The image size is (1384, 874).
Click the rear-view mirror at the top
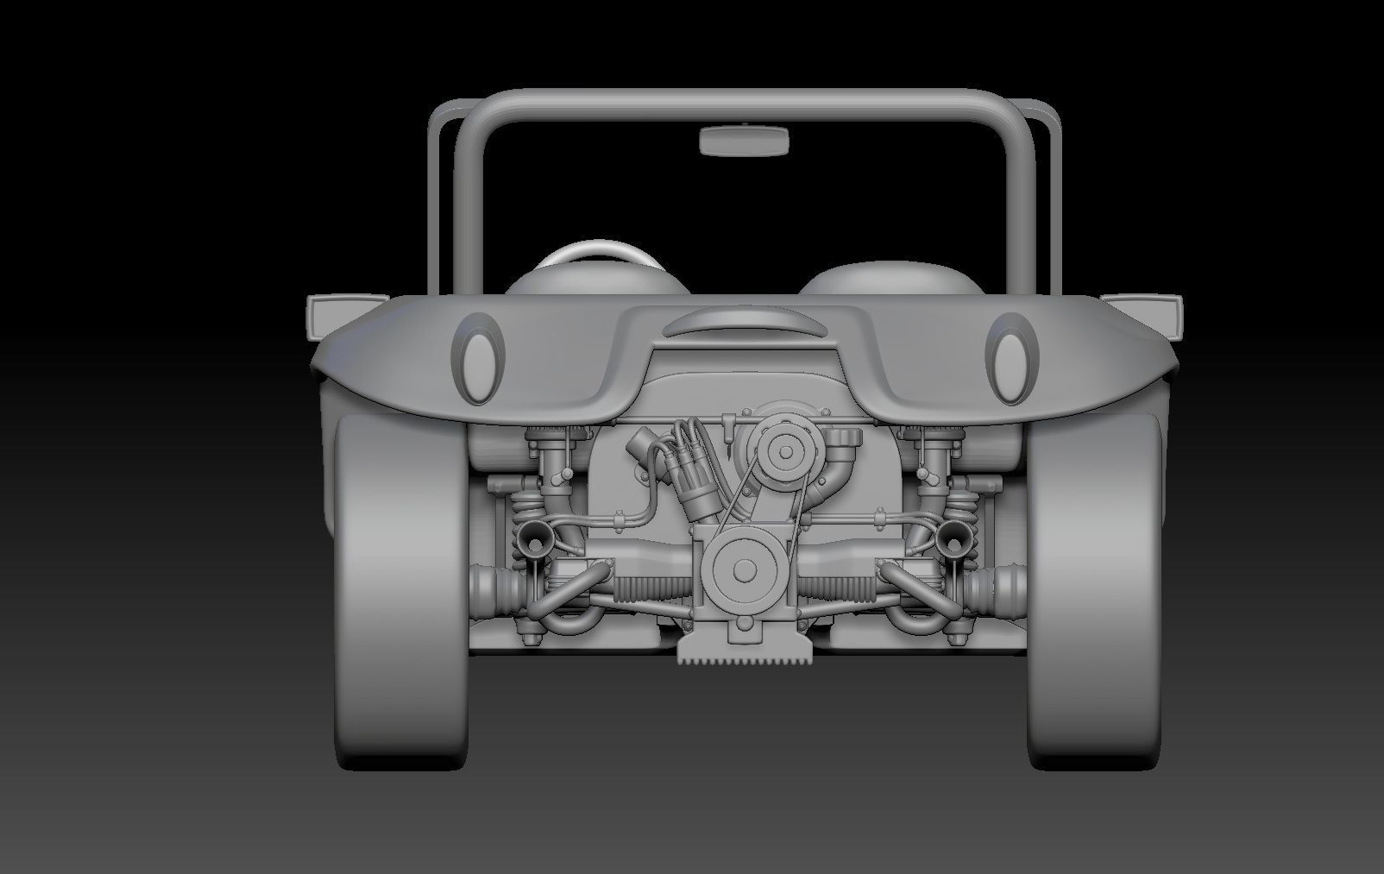744,141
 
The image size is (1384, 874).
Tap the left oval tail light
480,360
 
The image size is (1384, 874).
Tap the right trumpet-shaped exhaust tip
952,538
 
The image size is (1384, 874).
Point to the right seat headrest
889,275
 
